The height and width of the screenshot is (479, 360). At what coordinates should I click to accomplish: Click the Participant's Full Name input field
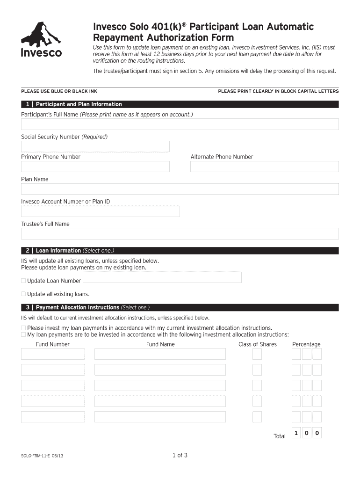click(x=180, y=124)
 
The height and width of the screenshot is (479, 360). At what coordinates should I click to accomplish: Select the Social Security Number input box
click(x=95, y=146)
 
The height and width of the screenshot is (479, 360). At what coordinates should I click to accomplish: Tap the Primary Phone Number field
click(x=95, y=167)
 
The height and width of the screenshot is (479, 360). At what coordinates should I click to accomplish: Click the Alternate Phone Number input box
click(x=264, y=167)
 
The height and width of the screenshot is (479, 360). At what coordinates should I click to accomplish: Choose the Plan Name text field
click(x=180, y=189)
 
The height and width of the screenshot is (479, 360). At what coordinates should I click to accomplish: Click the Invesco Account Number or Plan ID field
click(x=100, y=211)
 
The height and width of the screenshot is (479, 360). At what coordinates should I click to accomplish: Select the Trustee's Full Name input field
click(x=180, y=233)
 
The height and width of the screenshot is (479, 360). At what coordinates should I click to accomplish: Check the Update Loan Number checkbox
click(x=23, y=281)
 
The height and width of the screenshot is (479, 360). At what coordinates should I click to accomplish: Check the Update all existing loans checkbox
click(x=23, y=294)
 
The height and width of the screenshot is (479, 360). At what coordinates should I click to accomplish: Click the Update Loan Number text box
click(x=162, y=277)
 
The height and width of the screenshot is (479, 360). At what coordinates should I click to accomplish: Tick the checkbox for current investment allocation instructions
click(x=23, y=328)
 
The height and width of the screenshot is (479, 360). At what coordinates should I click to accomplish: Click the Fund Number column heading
click(x=52, y=344)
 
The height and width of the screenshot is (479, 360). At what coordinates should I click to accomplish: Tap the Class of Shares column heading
click(x=257, y=344)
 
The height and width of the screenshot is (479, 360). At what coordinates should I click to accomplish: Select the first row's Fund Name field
click(x=160, y=354)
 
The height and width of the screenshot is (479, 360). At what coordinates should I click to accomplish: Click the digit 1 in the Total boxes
click(x=296, y=434)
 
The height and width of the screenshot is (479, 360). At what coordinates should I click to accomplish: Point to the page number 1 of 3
click(x=180, y=455)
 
